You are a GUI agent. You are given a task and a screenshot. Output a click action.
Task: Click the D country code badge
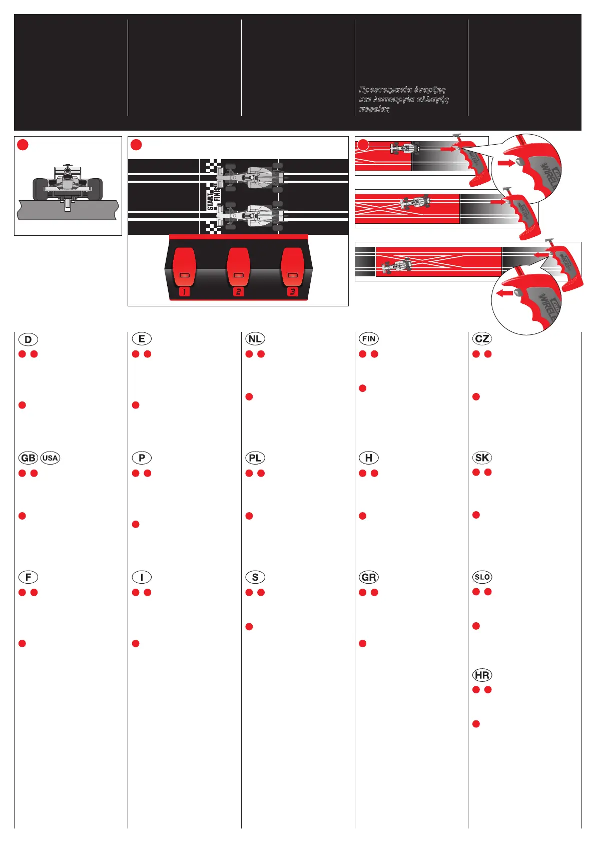(28, 339)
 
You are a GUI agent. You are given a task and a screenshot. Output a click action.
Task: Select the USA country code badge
(50, 458)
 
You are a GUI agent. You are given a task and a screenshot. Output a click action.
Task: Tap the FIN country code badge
(369, 339)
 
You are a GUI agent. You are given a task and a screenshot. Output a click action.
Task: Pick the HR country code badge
(482, 675)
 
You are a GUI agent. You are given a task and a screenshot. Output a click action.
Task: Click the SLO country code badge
(482, 577)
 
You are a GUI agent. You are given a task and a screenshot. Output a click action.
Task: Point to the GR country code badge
(369, 577)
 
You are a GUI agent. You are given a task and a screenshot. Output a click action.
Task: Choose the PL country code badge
(255, 458)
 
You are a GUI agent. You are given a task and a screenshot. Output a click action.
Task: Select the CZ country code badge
(482, 339)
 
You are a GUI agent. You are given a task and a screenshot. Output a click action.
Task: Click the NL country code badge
(255, 339)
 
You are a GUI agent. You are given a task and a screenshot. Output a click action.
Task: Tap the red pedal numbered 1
(184, 268)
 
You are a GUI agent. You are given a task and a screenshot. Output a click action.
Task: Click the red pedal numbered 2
(238, 268)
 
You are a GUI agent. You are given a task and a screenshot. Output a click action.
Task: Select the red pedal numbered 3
(293, 268)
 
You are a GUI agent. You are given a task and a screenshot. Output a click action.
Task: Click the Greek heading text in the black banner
(403, 99)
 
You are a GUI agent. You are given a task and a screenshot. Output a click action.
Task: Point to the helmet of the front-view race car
(68, 171)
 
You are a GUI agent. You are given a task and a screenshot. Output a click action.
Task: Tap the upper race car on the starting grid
(250, 176)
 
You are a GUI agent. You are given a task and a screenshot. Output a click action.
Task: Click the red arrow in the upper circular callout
(506, 163)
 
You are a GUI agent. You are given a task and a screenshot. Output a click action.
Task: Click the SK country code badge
(482, 458)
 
